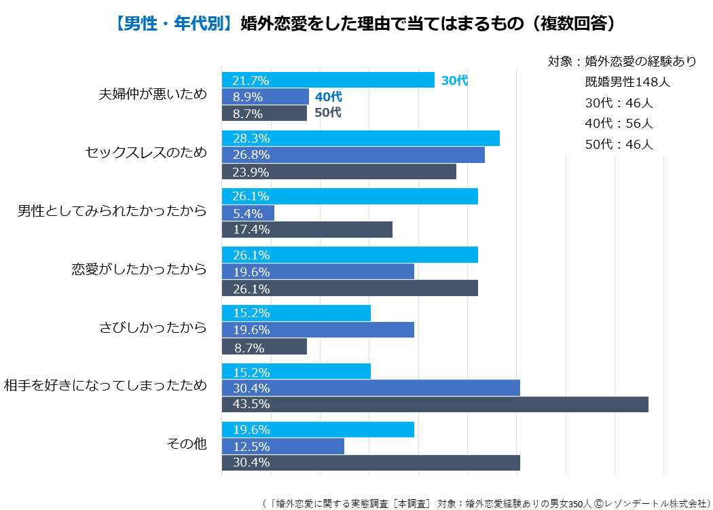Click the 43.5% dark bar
(435, 404)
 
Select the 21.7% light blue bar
(328, 80)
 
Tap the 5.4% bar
(248, 213)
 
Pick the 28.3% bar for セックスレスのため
(361, 139)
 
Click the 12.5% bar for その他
(282, 446)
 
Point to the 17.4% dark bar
(307, 230)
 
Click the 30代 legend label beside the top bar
(454, 80)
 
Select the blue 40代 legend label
(329, 96)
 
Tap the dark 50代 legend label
(327, 113)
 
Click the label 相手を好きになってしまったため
(105, 386)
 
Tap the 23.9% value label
(251, 172)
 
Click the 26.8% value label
(251, 155)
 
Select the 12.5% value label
(251, 447)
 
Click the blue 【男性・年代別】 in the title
(173, 24)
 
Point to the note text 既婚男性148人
(627, 82)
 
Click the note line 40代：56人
(619, 124)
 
